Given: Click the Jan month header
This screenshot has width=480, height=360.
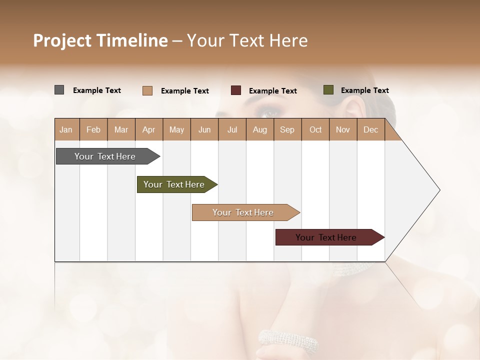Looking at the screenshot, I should tap(66, 129).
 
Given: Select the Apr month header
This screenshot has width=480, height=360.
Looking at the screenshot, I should tap(148, 129).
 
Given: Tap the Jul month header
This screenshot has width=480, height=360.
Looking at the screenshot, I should tap(232, 129).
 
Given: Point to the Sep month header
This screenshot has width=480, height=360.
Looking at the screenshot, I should tap(287, 129).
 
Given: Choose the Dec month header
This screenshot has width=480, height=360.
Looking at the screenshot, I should tap(370, 129).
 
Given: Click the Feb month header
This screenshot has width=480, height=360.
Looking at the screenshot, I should tap(93, 129).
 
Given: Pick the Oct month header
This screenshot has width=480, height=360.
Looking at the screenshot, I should tap(315, 129).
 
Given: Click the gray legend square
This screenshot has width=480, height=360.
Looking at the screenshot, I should tap(59, 90).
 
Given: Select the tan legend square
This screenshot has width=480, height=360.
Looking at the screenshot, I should tap(147, 90).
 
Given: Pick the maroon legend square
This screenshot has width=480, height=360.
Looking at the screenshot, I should tap(236, 90).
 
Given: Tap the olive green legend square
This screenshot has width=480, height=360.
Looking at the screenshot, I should tap(328, 90).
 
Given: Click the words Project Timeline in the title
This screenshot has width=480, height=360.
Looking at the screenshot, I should tap(100, 40).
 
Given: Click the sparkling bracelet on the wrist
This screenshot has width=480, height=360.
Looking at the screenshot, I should tap(288, 341).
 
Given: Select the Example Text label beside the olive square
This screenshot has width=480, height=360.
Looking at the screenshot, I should tap(364, 90).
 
